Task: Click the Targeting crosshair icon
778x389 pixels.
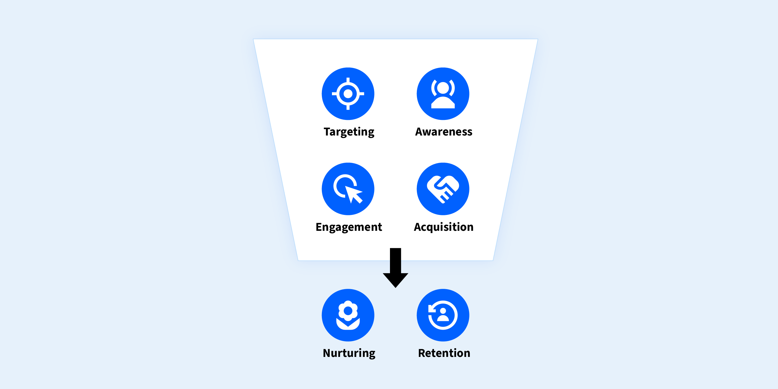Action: point(348,94)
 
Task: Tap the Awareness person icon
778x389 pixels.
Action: point(443,94)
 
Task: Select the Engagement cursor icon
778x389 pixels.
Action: point(348,189)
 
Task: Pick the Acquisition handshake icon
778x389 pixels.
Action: point(443,189)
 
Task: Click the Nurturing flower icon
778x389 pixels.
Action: point(348,315)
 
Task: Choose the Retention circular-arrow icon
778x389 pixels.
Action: point(443,315)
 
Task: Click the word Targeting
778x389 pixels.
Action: point(349,132)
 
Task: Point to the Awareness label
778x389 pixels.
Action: point(443,132)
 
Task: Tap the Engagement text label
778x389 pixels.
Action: point(349,227)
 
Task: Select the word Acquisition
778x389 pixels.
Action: point(443,227)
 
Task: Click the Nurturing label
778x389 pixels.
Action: point(349,353)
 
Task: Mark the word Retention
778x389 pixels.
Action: point(444,353)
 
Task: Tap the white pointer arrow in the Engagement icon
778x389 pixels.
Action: point(353,194)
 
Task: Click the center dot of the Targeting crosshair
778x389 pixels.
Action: point(348,94)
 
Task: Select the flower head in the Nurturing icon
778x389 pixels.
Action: point(348,311)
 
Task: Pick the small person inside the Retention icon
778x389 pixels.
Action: point(443,314)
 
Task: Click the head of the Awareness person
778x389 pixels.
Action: point(443,88)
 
